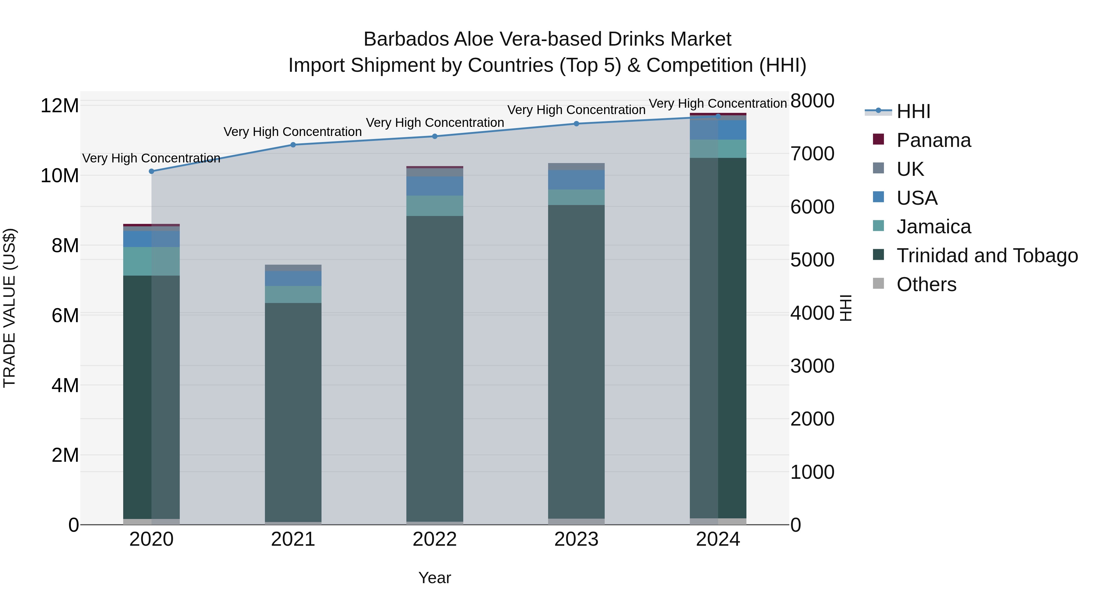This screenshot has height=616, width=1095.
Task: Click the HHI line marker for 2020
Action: pyautogui.click(x=151, y=171)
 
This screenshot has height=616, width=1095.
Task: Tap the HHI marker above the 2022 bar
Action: pyautogui.click(x=434, y=137)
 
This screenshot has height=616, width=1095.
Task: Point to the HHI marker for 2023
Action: pyautogui.click(x=576, y=124)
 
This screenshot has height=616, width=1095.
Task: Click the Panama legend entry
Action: pyautogui.click(x=933, y=140)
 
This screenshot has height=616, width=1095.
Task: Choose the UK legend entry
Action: pyautogui.click(x=910, y=169)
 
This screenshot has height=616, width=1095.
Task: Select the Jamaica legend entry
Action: pyautogui.click(x=933, y=227)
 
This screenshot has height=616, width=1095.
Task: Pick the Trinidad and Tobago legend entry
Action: pyautogui.click(x=987, y=256)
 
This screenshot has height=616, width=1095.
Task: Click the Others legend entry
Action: pyautogui.click(x=926, y=284)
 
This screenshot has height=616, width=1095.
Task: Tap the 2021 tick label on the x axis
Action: pyautogui.click(x=293, y=539)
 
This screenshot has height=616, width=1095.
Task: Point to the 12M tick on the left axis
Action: pyautogui.click(x=60, y=106)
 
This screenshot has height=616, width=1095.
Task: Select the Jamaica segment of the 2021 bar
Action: pyautogui.click(x=293, y=294)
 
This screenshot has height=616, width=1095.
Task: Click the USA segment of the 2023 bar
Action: pyautogui.click(x=576, y=180)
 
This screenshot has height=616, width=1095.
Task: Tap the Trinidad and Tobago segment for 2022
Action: pyautogui.click(x=434, y=368)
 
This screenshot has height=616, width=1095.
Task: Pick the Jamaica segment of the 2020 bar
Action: pyautogui.click(x=151, y=261)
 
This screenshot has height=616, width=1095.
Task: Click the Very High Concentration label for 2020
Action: pyautogui.click(x=151, y=158)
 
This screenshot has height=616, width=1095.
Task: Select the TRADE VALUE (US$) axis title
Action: pyautogui.click(x=9, y=308)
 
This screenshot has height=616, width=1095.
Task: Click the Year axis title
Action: pyautogui.click(x=434, y=578)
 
